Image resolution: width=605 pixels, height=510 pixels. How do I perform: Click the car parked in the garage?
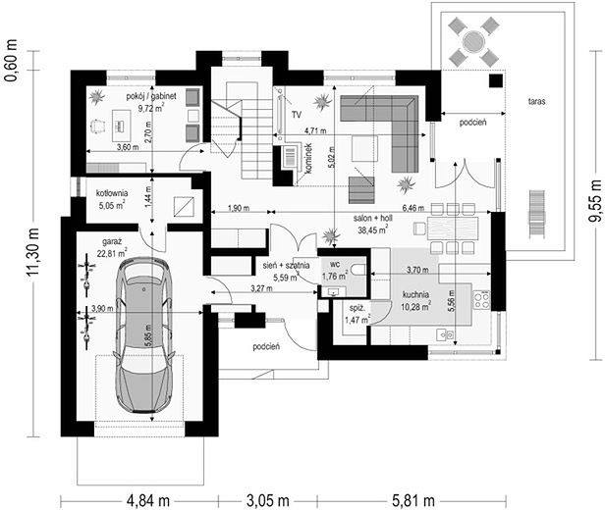[146, 335]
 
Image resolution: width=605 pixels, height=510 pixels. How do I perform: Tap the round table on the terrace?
[473, 41]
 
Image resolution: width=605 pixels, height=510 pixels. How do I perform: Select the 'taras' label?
[536, 102]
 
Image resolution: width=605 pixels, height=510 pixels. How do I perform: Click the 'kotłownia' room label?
[112, 193]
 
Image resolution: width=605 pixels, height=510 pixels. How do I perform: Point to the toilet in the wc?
[358, 270]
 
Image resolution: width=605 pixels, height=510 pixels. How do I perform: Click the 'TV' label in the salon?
[297, 115]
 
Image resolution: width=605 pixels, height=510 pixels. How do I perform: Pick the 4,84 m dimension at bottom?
[148, 501]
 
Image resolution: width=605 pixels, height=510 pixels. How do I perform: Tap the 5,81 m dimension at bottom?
[413, 501]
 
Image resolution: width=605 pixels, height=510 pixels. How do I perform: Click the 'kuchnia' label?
[415, 294]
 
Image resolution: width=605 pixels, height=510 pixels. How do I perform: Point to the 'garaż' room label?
[112, 242]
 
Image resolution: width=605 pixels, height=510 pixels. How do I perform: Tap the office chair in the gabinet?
[98, 126]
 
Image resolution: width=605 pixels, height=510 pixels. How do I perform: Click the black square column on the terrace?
[496, 80]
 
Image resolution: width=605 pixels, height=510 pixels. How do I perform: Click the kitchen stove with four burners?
[481, 301]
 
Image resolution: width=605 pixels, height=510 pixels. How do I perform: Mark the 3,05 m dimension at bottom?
[267, 501]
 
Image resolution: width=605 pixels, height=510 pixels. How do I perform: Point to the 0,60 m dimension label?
[11, 61]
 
